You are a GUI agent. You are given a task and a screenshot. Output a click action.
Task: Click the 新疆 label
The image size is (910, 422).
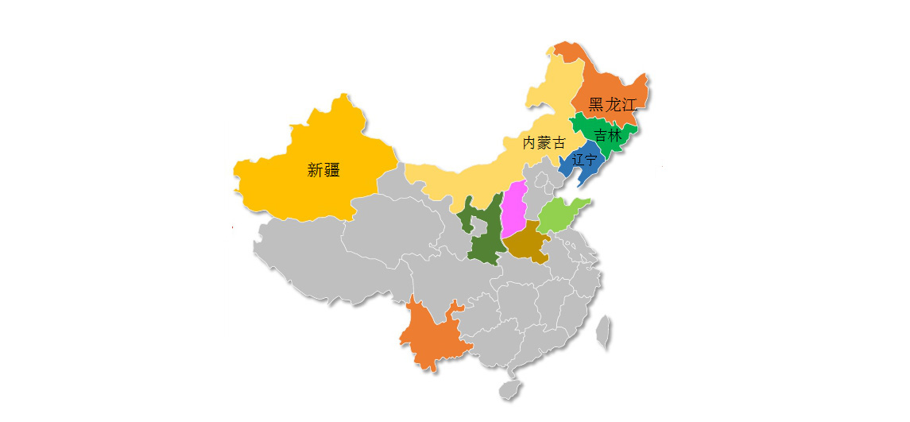[x=323, y=169]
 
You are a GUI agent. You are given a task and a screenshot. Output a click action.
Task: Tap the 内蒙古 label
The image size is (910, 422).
[x=544, y=143]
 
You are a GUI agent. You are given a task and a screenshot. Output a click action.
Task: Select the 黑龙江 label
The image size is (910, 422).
[x=613, y=104]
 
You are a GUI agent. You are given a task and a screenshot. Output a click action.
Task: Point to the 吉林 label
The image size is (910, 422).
[x=608, y=135]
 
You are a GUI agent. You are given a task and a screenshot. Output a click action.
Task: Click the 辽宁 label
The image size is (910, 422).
[x=584, y=160]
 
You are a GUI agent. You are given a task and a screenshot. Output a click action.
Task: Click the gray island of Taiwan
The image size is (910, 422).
[x=605, y=332]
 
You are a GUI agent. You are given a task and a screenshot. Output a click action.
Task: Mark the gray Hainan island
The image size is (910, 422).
[x=509, y=389]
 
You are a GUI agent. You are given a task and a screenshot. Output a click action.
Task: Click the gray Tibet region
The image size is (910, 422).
[x=318, y=254]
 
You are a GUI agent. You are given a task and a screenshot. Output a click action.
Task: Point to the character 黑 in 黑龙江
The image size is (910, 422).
[x=596, y=104]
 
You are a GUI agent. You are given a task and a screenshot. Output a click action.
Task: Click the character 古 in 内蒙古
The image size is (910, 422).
[x=560, y=143]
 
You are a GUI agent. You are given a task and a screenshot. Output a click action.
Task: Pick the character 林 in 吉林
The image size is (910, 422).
[x=615, y=135]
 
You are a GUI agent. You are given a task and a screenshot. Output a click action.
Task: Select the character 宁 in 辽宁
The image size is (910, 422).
[x=591, y=160]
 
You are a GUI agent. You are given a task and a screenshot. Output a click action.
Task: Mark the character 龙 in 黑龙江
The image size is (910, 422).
[x=613, y=104]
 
